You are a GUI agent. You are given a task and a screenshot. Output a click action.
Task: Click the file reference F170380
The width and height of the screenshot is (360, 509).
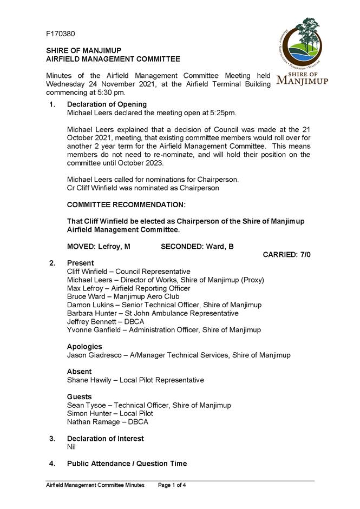(x=60, y=34)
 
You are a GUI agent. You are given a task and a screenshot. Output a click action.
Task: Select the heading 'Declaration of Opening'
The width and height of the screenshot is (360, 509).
(x=107, y=104)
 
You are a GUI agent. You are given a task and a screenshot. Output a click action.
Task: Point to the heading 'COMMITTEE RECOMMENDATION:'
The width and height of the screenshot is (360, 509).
(x=126, y=205)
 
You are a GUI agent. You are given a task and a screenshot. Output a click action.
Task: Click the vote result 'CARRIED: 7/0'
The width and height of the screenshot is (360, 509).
(x=286, y=255)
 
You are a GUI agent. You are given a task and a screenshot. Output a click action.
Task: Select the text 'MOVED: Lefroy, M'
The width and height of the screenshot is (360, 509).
(x=99, y=247)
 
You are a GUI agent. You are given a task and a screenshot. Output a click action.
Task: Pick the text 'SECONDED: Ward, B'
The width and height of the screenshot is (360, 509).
(x=197, y=247)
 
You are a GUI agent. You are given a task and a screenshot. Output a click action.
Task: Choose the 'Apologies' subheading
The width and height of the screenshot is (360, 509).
(x=84, y=347)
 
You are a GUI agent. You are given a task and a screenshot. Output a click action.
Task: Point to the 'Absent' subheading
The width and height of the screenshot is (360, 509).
(x=79, y=372)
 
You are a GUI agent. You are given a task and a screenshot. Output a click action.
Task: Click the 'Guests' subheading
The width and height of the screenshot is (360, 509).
(x=80, y=396)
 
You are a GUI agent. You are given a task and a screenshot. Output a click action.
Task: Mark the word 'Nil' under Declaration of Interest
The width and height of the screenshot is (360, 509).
(x=71, y=447)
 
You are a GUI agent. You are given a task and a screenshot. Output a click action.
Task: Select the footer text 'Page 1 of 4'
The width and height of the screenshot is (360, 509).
(x=172, y=485)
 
